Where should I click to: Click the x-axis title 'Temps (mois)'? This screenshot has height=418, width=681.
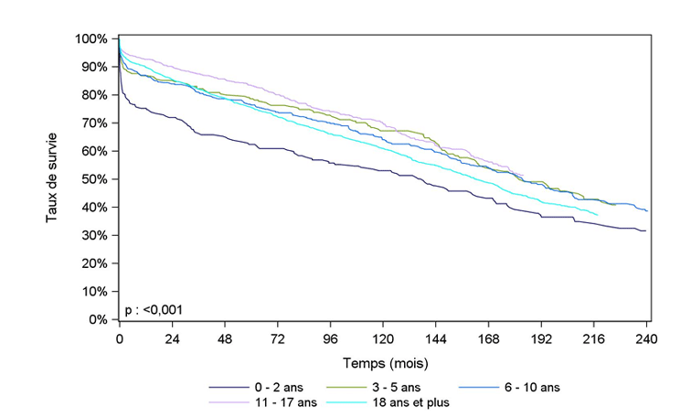(x=383, y=362)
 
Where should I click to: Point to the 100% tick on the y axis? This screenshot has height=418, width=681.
(x=93, y=38)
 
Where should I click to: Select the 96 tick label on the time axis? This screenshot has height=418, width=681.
(x=330, y=337)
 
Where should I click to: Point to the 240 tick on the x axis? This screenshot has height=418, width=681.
(x=647, y=337)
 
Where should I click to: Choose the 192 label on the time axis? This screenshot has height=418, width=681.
(x=541, y=337)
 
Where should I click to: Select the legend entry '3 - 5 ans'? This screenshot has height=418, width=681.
(x=399, y=387)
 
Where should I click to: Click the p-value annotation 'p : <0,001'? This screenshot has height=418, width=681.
(x=154, y=310)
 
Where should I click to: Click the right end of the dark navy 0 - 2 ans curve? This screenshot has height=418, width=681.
(x=646, y=230)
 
